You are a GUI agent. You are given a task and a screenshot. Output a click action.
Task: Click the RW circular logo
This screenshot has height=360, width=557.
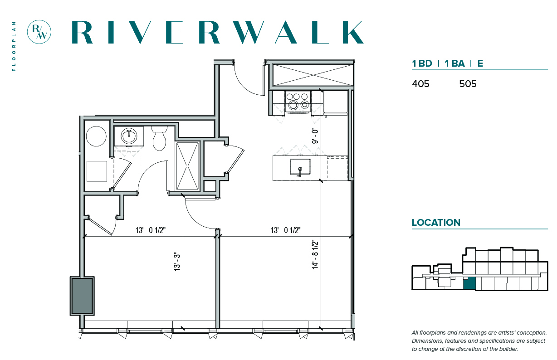click(39, 32)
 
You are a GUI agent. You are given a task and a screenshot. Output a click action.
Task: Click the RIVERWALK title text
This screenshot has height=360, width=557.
click(218, 32)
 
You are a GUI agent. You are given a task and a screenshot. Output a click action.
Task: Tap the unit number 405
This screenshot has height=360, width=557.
click(420, 84)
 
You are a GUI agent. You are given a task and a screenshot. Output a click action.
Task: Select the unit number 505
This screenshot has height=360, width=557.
click(468, 84)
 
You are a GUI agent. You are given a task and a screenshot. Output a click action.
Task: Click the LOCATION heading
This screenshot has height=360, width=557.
click(436, 223)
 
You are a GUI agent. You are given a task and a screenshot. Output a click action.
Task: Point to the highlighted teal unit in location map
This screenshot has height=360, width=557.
click(469, 284)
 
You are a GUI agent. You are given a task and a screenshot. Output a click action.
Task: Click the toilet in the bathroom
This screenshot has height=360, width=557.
click(159, 138)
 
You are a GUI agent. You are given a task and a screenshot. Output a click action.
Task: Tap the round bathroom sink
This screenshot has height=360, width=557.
click(129, 136)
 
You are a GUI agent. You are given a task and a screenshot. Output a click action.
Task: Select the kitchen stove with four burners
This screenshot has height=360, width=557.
click(298, 102)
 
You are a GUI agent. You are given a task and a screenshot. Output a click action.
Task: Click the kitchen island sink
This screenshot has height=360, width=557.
click(300, 167)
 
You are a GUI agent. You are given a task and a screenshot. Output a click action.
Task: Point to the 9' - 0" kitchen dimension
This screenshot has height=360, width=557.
click(315, 136)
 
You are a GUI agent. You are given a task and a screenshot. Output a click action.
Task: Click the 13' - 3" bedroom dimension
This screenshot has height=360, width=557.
click(177, 262)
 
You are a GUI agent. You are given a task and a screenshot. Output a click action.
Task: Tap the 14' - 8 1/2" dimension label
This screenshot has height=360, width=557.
click(315, 255)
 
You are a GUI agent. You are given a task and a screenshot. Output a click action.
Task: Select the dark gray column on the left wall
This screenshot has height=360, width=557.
click(82, 296)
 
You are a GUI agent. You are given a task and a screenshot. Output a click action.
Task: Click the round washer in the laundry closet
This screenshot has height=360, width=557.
click(96, 136)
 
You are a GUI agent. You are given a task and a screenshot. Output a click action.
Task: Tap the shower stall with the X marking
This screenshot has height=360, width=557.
click(188, 166)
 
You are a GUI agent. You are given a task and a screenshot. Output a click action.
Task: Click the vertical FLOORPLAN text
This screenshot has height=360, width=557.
click(14, 46)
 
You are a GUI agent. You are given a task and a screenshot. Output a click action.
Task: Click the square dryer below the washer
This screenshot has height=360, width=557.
click(97, 171)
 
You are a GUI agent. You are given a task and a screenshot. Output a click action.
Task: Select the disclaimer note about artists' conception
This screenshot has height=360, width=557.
click(479, 341)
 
